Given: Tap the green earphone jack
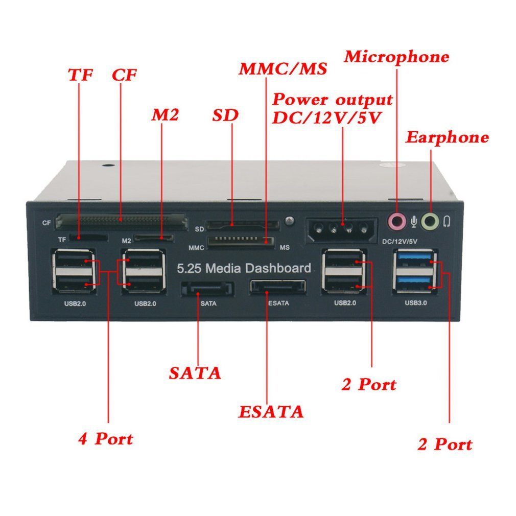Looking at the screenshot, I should (431, 221).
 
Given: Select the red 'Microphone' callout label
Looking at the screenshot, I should (396, 56).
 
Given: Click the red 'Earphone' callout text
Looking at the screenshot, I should (447, 137).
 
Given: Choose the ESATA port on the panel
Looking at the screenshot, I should (277, 287).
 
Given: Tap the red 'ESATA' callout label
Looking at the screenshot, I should (271, 411).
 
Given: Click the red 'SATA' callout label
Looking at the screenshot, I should (195, 373).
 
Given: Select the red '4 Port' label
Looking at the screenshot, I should (105, 438).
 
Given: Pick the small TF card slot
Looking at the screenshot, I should (88, 238).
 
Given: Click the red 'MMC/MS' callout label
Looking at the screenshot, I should (283, 69).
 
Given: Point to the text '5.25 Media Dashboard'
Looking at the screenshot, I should (244, 268).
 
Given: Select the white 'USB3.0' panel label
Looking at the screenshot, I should (415, 303).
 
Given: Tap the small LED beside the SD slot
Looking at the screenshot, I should (290, 221).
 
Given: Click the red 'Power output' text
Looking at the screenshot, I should (332, 99).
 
